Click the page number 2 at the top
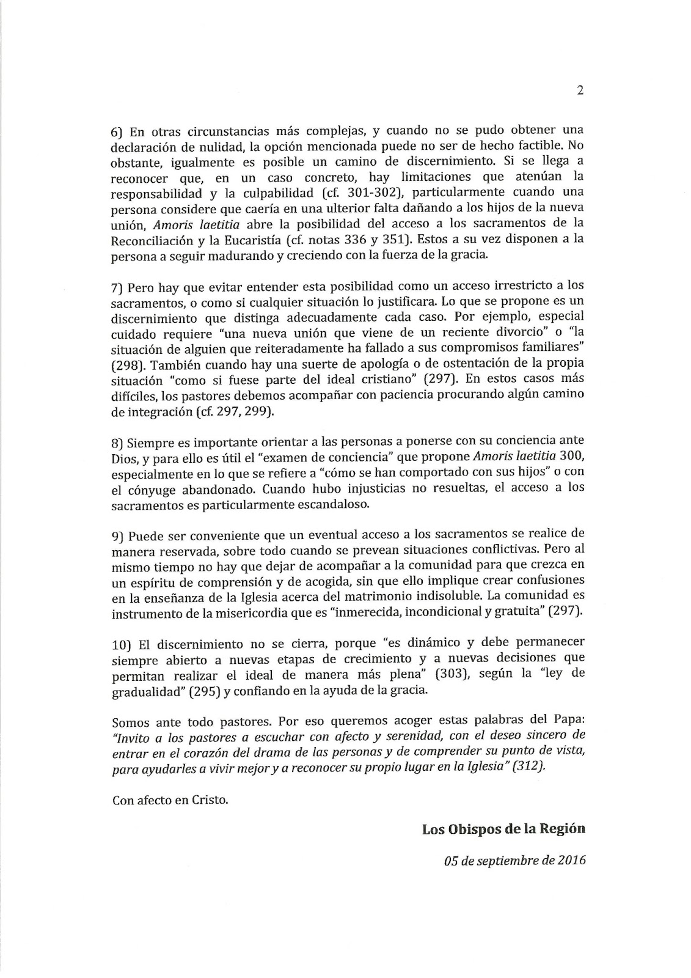click(580, 91)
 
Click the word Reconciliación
click(153, 240)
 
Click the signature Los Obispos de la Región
click(503, 829)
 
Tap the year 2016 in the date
click(572, 861)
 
